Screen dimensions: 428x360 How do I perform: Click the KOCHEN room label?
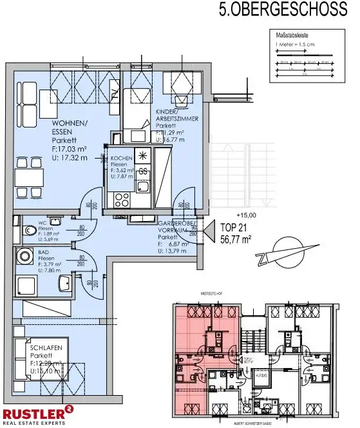122,159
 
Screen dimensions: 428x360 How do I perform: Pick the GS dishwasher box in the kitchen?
142,172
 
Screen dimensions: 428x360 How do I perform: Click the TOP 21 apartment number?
234,228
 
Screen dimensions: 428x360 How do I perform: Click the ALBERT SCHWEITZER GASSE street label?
260,423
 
